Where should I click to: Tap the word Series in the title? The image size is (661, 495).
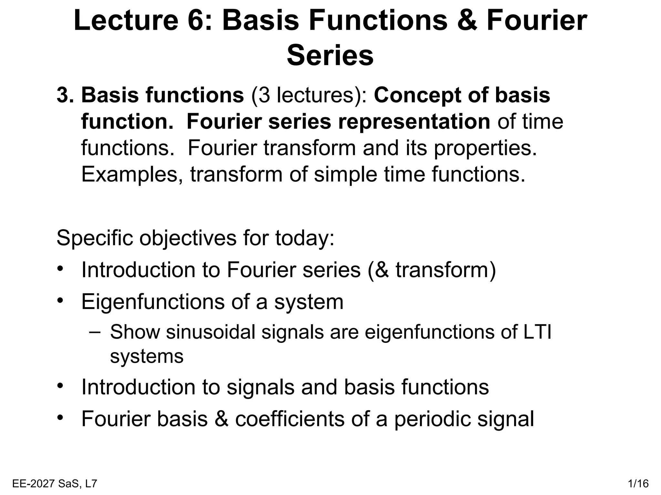click(330, 56)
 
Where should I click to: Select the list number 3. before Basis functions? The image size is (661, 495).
click(66, 96)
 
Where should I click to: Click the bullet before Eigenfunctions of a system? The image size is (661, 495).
click(60, 301)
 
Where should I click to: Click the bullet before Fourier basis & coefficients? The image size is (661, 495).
click(60, 418)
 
